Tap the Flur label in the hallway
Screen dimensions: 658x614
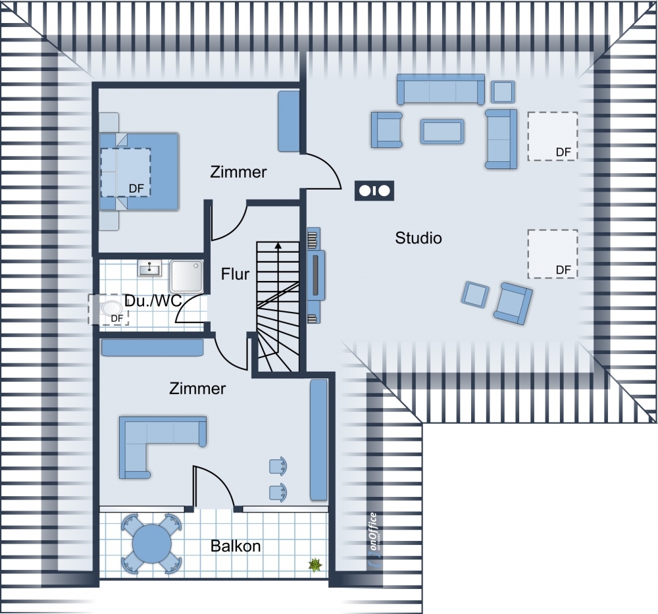[x=235, y=274]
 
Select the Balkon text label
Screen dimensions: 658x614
[x=236, y=546]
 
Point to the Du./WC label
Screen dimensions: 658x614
[x=153, y=301]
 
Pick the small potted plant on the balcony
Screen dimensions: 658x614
[x=315, y=565]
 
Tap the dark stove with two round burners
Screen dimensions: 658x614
[x=374, y=191]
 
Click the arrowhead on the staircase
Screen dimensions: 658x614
[x=278, y=246]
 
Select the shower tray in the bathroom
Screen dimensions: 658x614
[x=186, y=276]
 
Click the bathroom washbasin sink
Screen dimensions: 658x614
[x=149, y=267]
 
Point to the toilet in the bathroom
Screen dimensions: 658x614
[x=110, y=310]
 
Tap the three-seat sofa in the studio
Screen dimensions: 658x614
[x=441, y=90]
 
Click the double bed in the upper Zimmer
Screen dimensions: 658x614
[x=139, y=171]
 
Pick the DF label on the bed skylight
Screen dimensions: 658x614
[x=136, y=189]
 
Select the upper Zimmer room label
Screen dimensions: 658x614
[x=238, y=172]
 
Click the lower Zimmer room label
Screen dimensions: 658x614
[x=197, y=389]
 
